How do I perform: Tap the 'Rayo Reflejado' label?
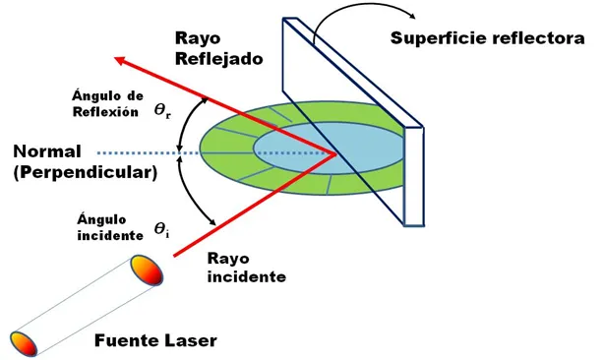click(218, 47)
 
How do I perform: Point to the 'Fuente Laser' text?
click(155, 341)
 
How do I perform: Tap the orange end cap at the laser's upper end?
click(145, 270)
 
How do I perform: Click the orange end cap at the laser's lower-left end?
click(24, 343)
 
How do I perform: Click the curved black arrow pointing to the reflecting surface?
click(354, 14)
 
